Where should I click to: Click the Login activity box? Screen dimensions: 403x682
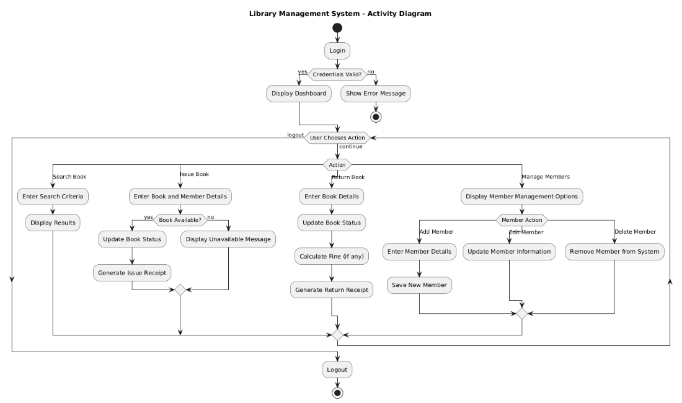click(x=337, y=51)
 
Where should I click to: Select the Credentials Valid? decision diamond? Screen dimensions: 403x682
click(x=337, y=74)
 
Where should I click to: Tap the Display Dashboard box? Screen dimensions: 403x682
click(x=299, y=94)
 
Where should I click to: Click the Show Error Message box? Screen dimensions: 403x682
click(x=376, y=94)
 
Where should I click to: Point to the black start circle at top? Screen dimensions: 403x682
click(x=337, y=28)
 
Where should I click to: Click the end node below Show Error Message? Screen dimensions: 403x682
click(x=376, y=116)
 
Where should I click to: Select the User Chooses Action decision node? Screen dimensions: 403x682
click(x=337, y=138)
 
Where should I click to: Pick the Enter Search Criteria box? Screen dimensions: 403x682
click(x=53, y=197)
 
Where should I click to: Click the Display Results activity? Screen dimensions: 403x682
click(x=53, y=222)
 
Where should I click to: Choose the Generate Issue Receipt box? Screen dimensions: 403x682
click(x=133, y=272)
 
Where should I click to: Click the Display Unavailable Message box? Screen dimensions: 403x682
click(x=228, y=239)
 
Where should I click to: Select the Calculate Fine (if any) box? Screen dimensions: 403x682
click(x=331, y=255)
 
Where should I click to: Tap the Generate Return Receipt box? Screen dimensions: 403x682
click(x=331, y=289)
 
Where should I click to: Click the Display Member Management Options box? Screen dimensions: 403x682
click(x=521, y=197)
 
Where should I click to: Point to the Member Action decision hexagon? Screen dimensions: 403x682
click(x=521, y=220)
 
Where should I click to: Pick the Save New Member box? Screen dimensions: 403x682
click(x=420, y=285)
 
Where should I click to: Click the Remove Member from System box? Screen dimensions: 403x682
click(x=614, y=252)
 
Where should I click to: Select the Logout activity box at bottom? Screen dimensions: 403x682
click(x=337, y=370)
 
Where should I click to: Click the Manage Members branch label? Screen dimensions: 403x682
click(x=546, y=177)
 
